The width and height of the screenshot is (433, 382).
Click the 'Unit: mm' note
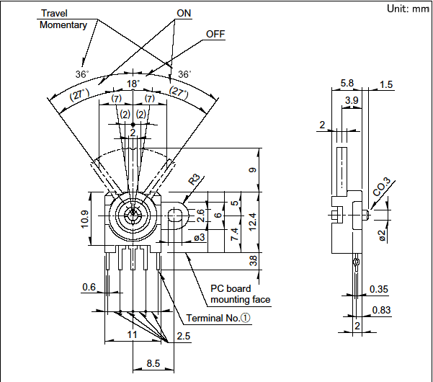coord(407,9)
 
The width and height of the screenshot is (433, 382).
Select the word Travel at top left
coord(55,14)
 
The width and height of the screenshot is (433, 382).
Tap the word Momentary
coord(63,25)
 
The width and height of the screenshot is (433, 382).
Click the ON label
coord(184,14)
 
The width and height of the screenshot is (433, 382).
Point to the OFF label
coord(215,34)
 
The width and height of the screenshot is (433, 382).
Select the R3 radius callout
coord(195,179)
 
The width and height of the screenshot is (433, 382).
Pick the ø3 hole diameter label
coord(199,237)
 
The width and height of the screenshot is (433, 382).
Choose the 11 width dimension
coord(133,336)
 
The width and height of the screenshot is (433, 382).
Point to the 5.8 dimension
coord(347,84)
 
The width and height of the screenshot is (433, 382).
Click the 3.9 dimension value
coord(352,99)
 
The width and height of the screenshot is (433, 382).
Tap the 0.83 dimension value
coord(380,311)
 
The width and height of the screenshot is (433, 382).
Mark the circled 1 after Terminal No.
coord(245,318)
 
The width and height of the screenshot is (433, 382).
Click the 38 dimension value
coord(253,259)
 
